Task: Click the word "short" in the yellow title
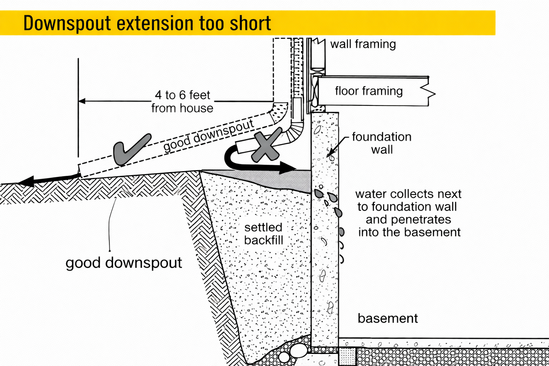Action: pos(250,24)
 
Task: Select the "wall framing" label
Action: pos(363,44)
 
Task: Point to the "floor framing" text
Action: pos(369,91)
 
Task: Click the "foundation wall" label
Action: pos(381,143)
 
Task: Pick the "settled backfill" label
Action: pos(263,234)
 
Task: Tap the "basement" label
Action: pos(387,318)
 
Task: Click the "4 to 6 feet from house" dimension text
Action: pos(182,102)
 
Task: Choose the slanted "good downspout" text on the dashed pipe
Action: pos(208,136)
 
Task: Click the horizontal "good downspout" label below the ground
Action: pos(124,263)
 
